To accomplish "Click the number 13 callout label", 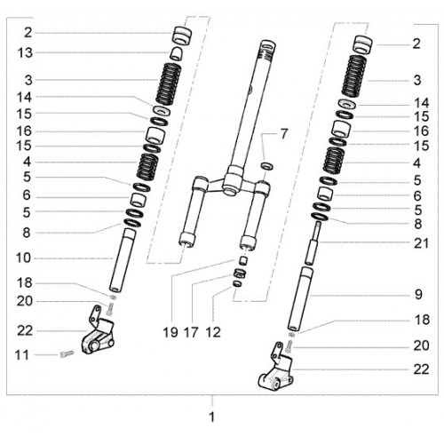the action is [x=25, y=53].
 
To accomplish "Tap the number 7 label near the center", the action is [x=284, y=134].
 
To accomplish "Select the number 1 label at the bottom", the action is [x=211, y=417].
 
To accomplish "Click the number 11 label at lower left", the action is [x=22, y=355].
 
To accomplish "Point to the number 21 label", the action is [x=421, y=243].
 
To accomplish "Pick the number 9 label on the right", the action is [x=418, y=295].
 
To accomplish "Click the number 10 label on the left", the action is [x=23, y=258].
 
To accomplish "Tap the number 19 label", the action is [x=170, y=332].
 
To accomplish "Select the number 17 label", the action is [x=191, y=332].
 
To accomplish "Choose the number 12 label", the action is [x=213, y=332].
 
